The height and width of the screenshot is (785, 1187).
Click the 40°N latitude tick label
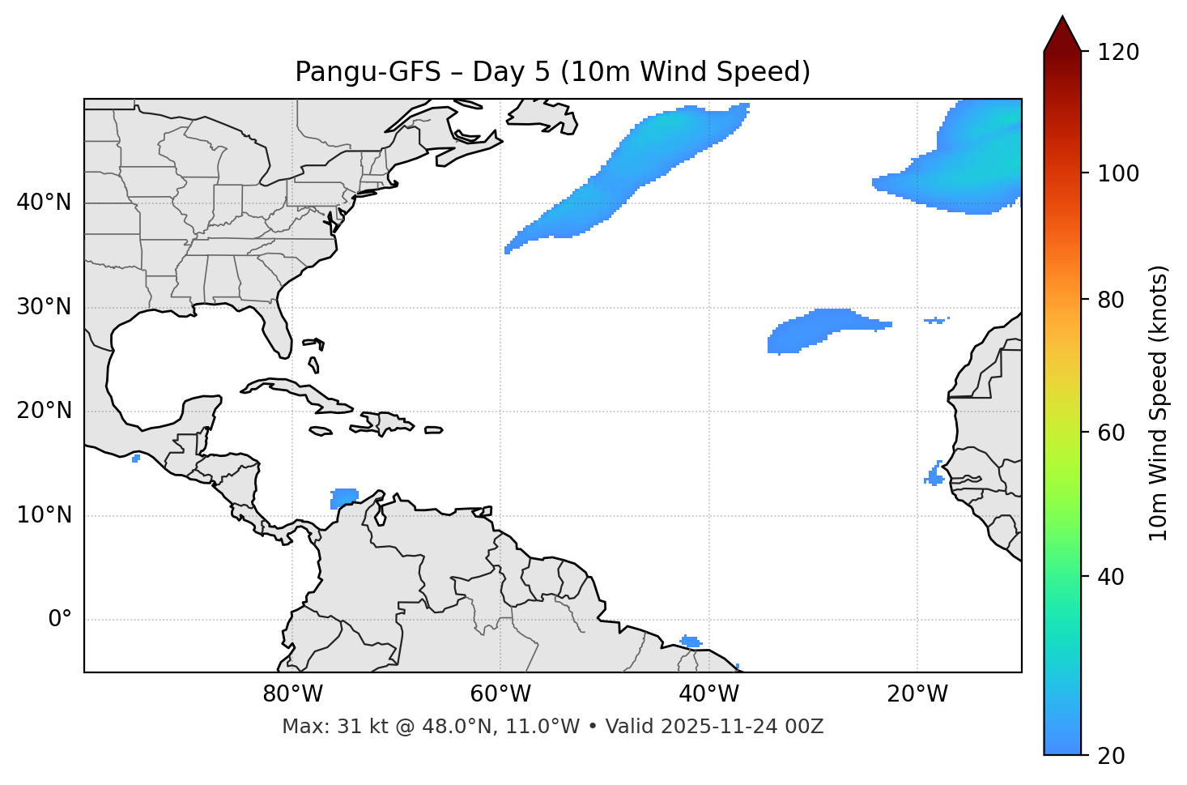click(44, 203)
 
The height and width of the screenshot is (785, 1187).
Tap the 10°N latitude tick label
click(44, 515)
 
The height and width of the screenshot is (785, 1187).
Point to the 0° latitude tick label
click(60, 620)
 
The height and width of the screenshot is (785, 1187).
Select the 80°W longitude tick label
click(292, 694)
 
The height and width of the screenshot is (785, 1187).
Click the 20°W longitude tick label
click(917, 694)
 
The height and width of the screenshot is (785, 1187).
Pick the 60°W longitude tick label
click(500, 694)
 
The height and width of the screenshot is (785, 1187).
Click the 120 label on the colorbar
click(1119, 53)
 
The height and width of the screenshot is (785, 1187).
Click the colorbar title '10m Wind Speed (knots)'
click(1159, 403)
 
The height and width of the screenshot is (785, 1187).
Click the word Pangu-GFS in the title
click(367, 72)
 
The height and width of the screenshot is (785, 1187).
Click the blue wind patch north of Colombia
click(344, 497)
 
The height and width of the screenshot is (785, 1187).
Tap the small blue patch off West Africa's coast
click(935, 476)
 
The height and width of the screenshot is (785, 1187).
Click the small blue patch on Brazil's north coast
click(691, 642)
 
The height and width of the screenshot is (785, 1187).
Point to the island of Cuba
click(291, 390)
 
